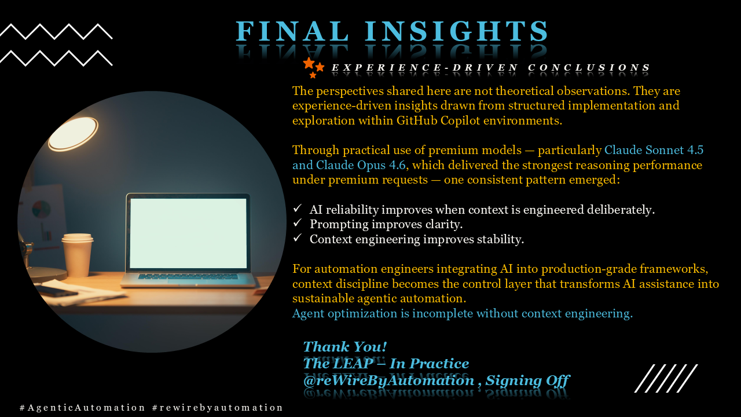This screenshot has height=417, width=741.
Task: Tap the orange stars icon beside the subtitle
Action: pos(313,67)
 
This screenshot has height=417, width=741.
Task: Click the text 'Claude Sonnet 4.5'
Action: pos(654,150)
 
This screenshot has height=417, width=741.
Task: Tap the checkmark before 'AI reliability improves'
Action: pos(298,209)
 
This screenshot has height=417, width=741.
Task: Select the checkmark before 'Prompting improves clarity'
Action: pos(298,223)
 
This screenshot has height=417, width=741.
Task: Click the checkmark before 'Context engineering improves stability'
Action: pos(298,238)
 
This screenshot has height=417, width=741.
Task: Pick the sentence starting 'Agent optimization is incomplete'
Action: pos(462,314)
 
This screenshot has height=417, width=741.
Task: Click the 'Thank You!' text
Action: pos(344,347)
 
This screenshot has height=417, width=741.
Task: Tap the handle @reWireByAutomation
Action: pos(388,381)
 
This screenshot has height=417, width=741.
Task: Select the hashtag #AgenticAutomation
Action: pos(82,408)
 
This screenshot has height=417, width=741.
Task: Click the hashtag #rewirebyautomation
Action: pos(218,408)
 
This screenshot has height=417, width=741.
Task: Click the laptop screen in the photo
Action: pos(188,233)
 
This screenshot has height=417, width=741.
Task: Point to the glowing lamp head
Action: pos(73,133)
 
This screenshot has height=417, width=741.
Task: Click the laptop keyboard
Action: pos(188,277)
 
